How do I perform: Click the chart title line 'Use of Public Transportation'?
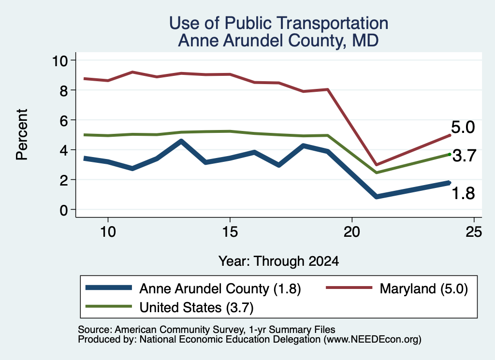coord(278,23)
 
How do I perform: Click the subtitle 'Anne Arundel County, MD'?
coord(278,41)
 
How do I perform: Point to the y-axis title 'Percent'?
coord(22,135)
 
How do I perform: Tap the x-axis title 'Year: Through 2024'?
coord(278,261)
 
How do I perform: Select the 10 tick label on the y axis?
coord(60,60)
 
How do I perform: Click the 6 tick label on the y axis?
coord(64,120)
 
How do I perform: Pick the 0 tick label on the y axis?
coord(64,210)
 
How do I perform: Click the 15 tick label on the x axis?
coord(230,232)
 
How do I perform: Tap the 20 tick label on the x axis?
coord(352,232)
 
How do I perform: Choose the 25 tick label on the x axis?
coord(474,232)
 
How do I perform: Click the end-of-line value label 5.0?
coord(463,127)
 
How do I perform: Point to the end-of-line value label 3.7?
coord(464,156)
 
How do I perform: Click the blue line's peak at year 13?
coord(181,141)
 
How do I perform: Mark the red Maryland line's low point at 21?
coord(376,165)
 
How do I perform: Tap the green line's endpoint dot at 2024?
coord(450,154)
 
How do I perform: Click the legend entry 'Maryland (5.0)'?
coord(423,288)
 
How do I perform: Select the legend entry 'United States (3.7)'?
coord(196,307)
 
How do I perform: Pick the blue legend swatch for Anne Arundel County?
coord(109,288)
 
